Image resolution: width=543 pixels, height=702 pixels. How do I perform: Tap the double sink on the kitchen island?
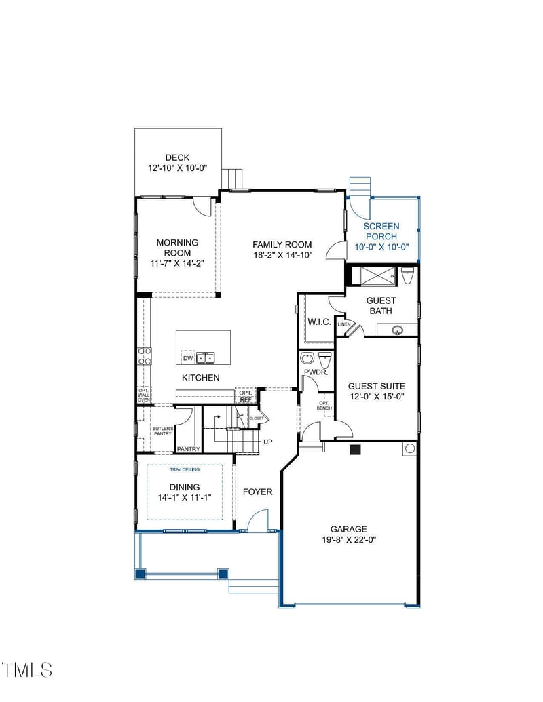(x=206, y=357)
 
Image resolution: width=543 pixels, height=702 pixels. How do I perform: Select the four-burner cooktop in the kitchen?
(x=145, y=356)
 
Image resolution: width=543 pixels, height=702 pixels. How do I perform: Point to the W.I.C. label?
(x=319, y=322)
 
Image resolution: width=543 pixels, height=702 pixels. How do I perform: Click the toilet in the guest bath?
(x=408, y=275)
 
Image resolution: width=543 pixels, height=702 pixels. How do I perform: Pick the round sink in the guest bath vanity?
(x=398, y=330)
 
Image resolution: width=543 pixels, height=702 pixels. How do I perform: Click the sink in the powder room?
(x=307, y=358)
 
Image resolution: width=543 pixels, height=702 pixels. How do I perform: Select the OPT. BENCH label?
(x=324, y=406)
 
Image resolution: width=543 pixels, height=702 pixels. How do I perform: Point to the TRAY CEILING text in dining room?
(x=185, y=469)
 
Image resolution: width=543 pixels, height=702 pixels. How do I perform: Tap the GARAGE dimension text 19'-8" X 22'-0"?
(x=348, y=540)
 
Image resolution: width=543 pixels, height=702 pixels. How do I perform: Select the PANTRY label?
(x=188, y=449)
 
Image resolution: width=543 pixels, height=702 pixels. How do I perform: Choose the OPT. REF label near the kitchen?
(x=245, y=396)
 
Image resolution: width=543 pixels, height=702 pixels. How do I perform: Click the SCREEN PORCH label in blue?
(x=381, y=231)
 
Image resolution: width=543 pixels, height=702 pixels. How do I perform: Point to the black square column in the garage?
(x=354, y=449)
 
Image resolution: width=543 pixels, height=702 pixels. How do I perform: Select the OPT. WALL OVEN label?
(x=144, y=395)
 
